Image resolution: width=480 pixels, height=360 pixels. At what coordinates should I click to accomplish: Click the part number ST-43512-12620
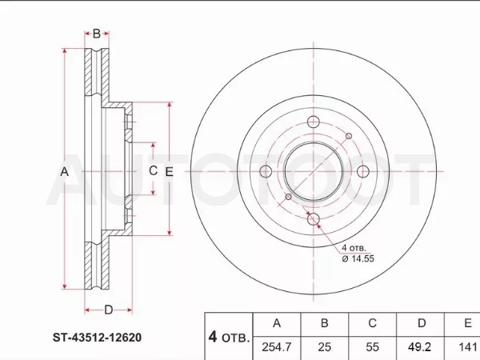pos(97,338)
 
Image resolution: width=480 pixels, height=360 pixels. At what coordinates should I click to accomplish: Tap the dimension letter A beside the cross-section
pos(64,171)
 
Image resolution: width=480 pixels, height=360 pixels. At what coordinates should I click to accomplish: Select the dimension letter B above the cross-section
pos(97,34)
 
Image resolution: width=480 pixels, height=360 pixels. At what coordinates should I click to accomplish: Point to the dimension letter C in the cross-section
pos(153,170)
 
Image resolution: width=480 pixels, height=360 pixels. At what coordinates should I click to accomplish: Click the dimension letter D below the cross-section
pos(108,310)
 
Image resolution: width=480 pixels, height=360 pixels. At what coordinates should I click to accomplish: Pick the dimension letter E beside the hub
pos(169,172)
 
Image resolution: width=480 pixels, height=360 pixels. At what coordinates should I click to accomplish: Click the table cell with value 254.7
pos(277,347)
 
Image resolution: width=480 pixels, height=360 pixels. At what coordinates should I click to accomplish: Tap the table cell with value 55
pos(373,347)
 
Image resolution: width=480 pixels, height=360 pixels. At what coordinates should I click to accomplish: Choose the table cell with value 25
pos(325,347)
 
